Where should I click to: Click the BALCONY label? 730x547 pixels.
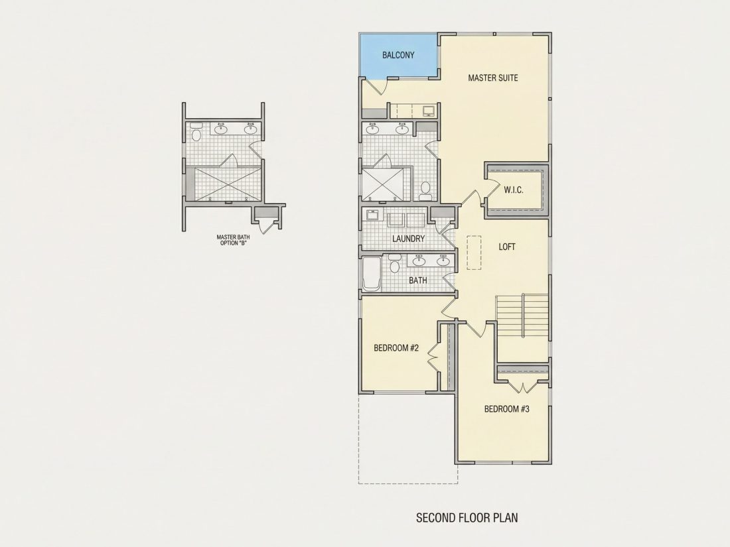coord(398,55)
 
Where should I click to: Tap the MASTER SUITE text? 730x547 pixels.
coord(492,78)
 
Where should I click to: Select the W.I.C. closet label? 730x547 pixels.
coord(514,190)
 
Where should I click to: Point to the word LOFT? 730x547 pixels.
coord(507,247)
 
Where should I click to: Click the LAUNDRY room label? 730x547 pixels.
coord(408,239)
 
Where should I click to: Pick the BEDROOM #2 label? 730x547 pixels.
coord(396,348)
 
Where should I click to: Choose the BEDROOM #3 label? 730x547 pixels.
coord(506,409)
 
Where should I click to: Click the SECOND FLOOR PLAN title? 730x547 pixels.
coord(467,518)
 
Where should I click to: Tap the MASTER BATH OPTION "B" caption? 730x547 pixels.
coord(233,239)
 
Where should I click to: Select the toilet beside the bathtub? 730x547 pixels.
coord(394,263)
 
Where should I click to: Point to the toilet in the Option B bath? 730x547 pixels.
coord(196,132)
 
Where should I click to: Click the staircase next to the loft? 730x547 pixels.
coord(522,317)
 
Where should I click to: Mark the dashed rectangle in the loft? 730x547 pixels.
coord(474,253)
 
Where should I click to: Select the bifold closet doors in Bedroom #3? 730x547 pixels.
coord(523,387)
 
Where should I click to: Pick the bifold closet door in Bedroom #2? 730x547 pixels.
coord(433,357)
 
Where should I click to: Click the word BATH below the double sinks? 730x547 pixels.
coord(417,280)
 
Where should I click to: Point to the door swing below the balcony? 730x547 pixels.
coord(376,87)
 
